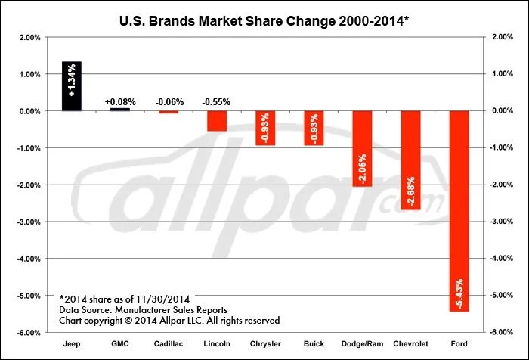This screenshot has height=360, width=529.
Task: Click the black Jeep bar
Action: tap(72, 86)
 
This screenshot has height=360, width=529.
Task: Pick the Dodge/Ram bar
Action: tap(362, 148)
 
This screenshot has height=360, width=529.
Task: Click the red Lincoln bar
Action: tap(217, 121)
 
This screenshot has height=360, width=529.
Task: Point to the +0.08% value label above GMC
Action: tap(120, 101)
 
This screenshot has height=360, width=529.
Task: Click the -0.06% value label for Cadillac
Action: tap(169, 101)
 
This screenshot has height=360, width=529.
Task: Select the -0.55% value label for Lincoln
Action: tap(217, 101)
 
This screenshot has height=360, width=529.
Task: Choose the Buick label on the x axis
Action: tap(314, 343)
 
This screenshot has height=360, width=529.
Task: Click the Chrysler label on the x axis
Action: tap(265, 343)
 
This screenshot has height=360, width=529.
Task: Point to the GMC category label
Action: tap(120, 343)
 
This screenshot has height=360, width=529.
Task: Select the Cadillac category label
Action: tap(169, 343)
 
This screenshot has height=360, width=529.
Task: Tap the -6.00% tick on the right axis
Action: tap(505, 332)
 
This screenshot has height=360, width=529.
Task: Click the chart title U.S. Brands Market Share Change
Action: tap(264, 14)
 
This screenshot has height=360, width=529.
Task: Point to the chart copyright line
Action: tap(169, 321)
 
